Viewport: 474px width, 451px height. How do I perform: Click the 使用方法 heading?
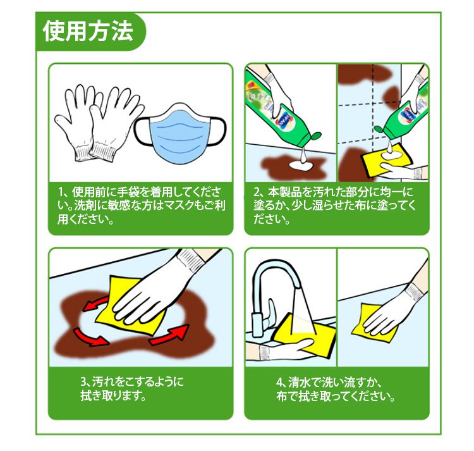[88, 31]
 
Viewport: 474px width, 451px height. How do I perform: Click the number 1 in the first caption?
[60, 192]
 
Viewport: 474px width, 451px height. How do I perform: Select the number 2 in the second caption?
[257, 192]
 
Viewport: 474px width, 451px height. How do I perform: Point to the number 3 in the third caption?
[83, 381]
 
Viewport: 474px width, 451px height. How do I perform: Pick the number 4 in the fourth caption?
[279, 382]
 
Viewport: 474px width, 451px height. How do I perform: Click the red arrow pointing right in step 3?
[170, 335]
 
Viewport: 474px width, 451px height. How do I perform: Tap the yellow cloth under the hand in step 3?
[131, 306]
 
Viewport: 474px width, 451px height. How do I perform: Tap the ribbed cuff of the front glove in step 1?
[103, 151]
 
